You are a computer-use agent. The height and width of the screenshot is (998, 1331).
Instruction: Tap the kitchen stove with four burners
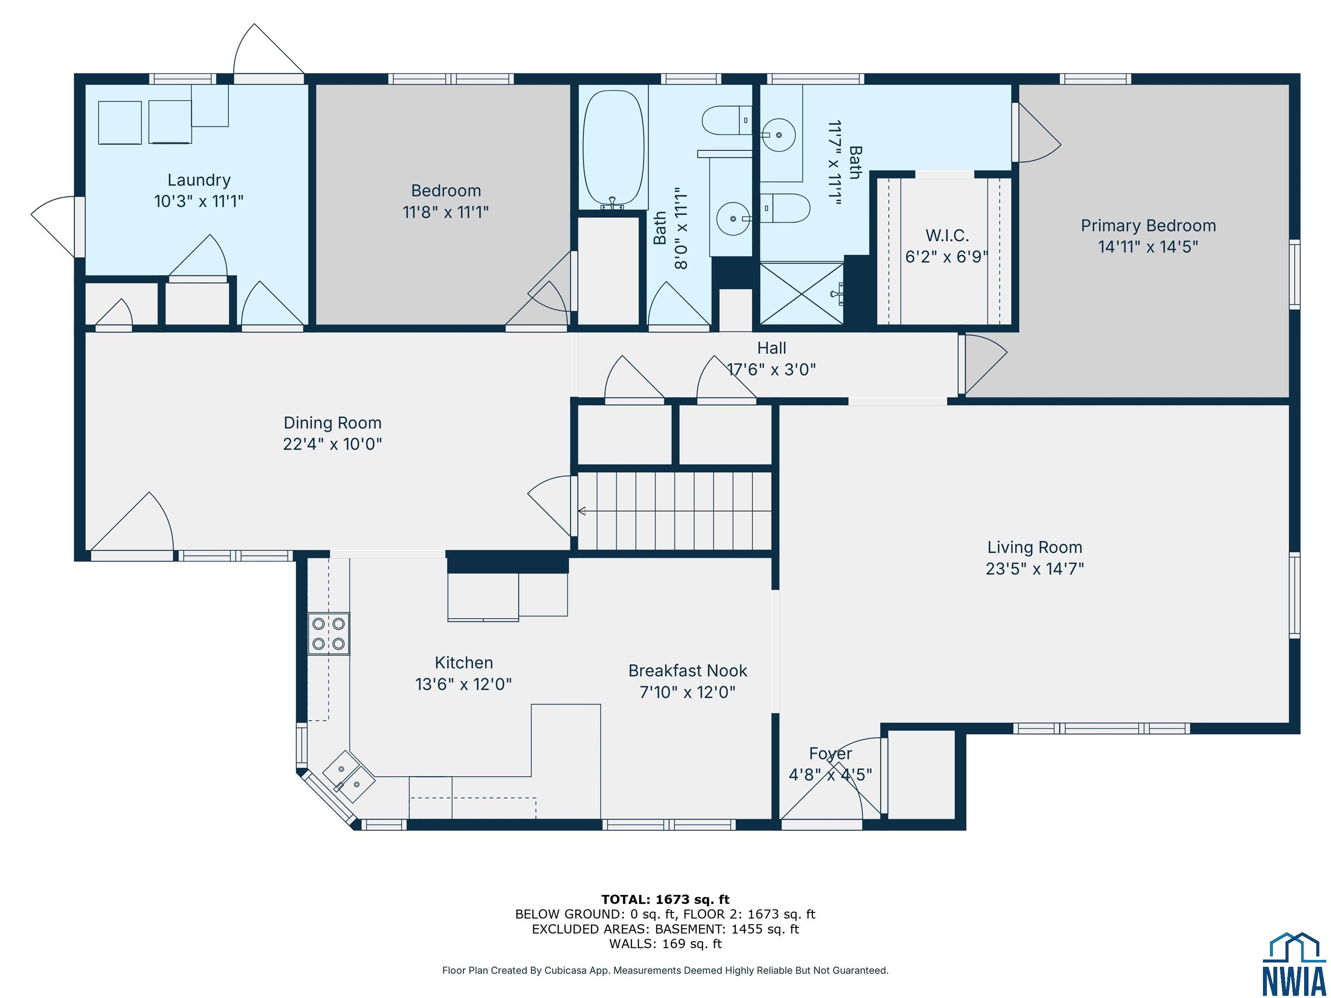328,633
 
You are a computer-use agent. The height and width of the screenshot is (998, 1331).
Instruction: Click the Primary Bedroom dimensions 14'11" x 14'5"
1148,246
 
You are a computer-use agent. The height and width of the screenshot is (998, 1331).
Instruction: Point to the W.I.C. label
947,235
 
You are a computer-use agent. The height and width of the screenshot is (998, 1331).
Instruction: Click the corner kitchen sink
349,776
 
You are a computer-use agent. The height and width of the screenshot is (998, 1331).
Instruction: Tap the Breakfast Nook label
688,671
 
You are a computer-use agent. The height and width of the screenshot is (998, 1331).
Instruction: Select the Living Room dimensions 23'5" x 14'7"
1035,568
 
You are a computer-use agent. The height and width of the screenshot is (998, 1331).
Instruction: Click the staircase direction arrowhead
582,511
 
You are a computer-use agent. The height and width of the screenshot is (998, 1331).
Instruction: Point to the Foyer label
831,754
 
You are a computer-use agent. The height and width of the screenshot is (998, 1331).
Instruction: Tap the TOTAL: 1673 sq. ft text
665,899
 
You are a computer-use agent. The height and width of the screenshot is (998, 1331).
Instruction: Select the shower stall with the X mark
802,293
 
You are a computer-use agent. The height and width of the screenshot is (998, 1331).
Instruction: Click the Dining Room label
333,423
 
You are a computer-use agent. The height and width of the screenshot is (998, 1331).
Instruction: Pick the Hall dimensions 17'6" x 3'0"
772,369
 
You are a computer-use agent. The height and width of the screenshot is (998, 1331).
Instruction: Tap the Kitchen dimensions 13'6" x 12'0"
463,684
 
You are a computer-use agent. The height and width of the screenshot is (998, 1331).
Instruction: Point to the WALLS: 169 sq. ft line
665,944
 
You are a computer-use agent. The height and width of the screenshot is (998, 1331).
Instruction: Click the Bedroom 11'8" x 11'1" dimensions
446,212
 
